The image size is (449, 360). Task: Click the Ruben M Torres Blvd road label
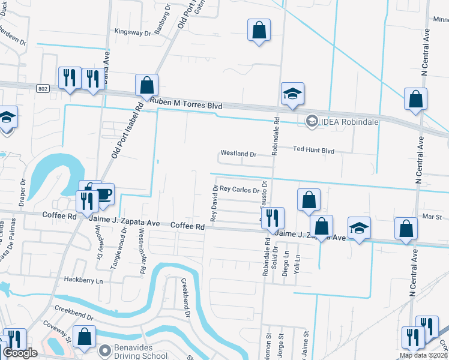(186, 104)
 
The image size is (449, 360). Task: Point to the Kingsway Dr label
(132, 32)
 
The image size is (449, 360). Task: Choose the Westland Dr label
(238, 154)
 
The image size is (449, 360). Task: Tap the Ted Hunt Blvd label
(313, 149)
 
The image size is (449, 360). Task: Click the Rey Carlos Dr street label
(239, 190)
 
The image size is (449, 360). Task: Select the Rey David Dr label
(214, 202)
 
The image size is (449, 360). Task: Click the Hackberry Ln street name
(84, 280)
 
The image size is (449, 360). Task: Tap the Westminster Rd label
(143, 251)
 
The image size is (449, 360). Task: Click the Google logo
(19, 353)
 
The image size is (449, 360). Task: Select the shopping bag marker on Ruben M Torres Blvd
(146, 86)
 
